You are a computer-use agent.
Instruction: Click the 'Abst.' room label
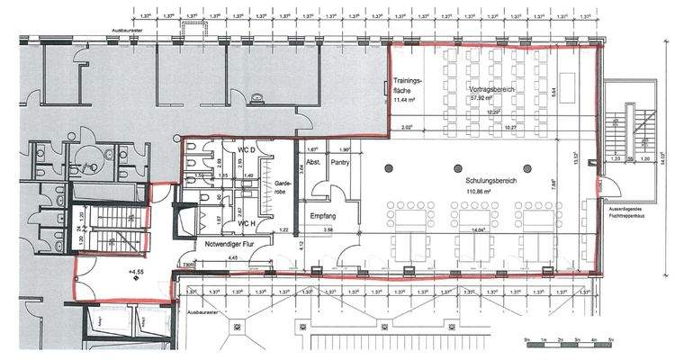coord(313,163)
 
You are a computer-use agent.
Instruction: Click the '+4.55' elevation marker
coord(137,269)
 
